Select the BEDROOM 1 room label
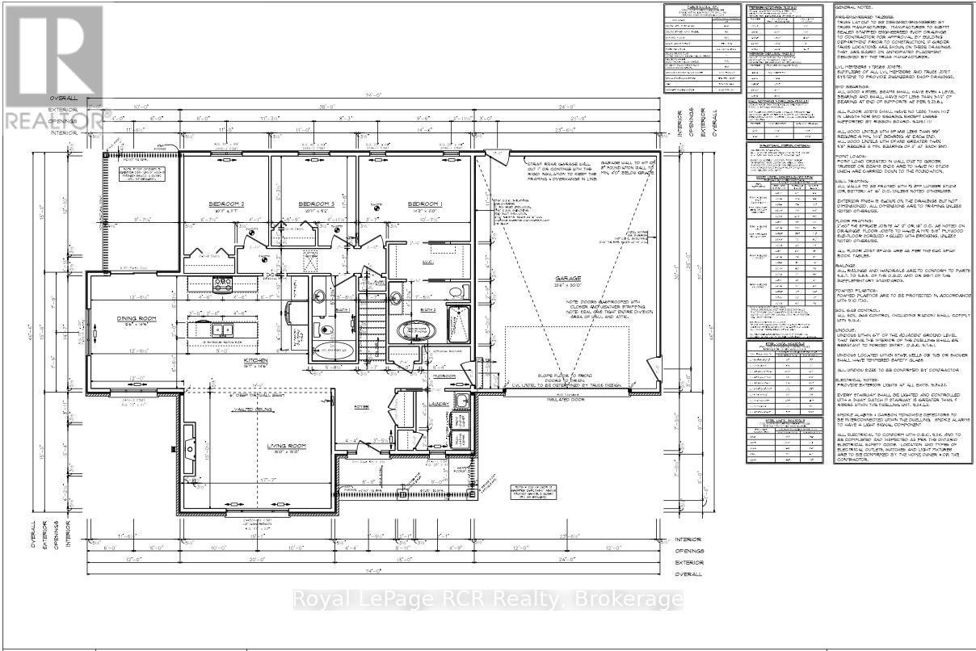423,204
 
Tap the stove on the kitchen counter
223,283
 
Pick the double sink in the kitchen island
220,330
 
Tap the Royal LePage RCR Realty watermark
488,599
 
